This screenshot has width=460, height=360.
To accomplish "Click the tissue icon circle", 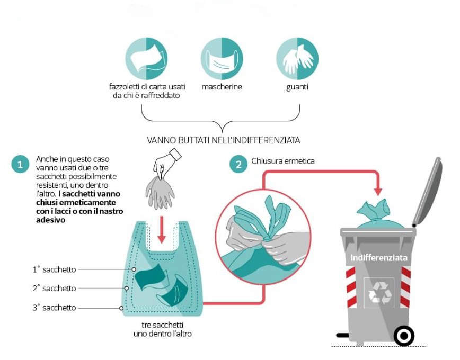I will point(146,59).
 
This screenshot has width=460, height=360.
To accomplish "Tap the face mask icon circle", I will point(222,59).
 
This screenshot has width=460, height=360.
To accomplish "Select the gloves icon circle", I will point(297,59).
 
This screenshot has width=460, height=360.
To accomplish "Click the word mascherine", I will point(222,87).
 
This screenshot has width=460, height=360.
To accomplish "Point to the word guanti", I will point(297,87).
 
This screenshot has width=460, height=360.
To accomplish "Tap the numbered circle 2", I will point(238,164).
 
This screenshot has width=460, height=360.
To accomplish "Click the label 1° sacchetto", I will point(54,269).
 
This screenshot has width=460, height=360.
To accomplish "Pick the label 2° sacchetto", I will point(54,289).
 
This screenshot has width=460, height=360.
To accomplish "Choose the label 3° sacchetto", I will point(54,308).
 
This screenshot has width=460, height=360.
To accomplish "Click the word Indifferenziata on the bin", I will point(379,258).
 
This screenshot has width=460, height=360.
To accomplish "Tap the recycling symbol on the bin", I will point(379,292).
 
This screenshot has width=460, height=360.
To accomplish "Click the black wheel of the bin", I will point(404,335).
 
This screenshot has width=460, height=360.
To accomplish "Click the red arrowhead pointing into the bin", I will point(378,190).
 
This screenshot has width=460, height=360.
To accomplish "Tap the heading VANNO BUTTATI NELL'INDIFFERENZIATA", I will point(224,140).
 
